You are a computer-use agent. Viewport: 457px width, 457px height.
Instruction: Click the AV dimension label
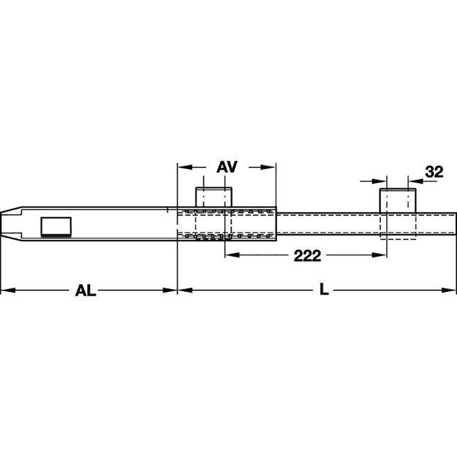(227, 167)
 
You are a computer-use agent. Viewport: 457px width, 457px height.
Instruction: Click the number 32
(434, 172)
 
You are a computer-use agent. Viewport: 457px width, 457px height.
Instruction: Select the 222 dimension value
(307, 256)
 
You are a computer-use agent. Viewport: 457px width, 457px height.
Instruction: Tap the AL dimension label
(85, 290)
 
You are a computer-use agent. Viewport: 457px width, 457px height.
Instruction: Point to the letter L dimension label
(324, 290)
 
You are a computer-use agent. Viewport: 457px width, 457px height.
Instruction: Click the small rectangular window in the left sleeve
(56, 227)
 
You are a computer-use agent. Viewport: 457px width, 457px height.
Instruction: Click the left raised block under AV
(214, 197)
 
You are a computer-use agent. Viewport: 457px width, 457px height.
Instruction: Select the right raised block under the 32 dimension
(398, 201)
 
